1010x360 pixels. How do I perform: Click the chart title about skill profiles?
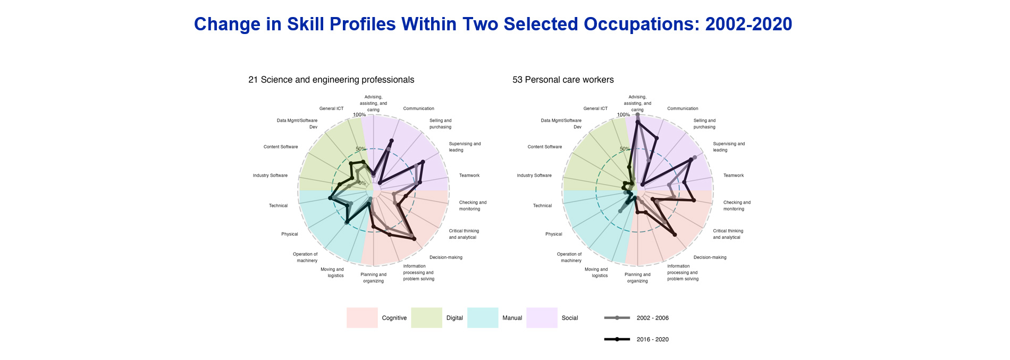tap(493, 24)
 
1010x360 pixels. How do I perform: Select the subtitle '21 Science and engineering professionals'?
tap(331, 80)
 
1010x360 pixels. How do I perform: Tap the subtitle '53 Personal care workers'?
tap(563, 80)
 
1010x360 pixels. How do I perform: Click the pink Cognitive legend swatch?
tap(362, 317)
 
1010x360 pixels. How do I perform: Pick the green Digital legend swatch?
tap(426, 317)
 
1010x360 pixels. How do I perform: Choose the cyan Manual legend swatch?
tap(483, 317)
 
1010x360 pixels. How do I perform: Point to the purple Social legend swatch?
tap(542, 317)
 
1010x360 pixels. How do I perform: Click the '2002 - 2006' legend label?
tap(653, 318)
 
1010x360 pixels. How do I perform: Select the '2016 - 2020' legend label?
tap(653, 339)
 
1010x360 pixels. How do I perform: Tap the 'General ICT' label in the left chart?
tap(331, 108)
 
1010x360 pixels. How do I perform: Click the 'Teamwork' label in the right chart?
tap(734, 175)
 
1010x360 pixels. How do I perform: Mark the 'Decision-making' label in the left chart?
tap(446, 257)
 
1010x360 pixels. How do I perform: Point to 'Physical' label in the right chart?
tap(553, 234)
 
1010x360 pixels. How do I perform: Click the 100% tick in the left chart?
tap(359, 115)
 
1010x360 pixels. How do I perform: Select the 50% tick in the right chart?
tap(625, 149)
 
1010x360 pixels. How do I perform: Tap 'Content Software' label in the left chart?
tap(281, 147)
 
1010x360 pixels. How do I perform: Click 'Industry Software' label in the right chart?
tap(534, 175)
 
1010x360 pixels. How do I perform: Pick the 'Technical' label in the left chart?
tap(278, 206)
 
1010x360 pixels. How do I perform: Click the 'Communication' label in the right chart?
tap(683, 108)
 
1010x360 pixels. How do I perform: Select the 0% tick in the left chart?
tap(362, 183)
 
